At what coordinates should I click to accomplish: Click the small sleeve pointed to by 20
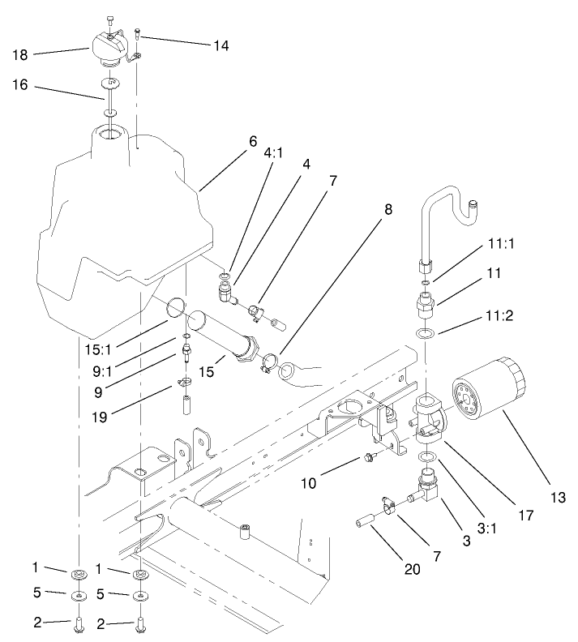tap(365, 516)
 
